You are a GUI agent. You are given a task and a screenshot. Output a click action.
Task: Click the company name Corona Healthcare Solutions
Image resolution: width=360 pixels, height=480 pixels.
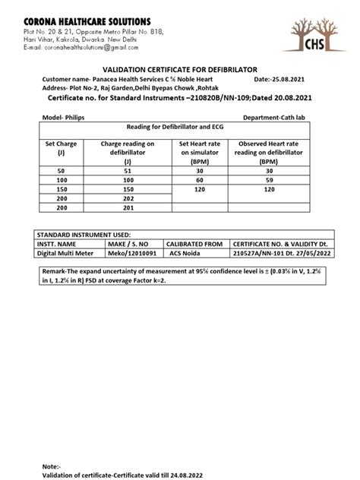tap(87, 20)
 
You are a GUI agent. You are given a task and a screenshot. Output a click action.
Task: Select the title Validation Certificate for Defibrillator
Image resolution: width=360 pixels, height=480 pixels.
tap(179, 68)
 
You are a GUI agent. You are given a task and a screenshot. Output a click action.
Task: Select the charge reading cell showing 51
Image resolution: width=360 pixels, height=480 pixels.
tap(128, 172)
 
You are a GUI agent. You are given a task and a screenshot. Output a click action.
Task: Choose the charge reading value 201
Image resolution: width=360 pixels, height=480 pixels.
tap(128, 207)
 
